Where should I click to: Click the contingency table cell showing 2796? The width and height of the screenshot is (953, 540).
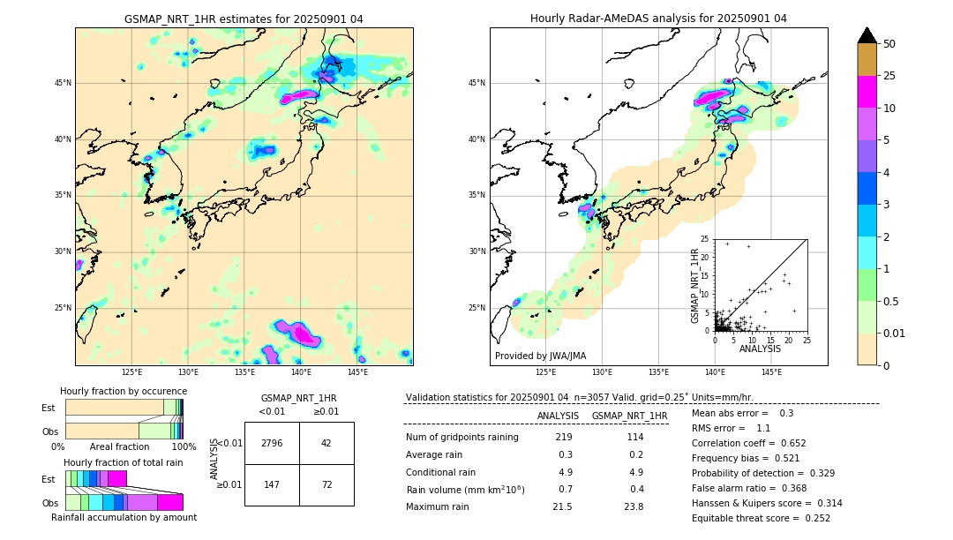click(272, 443)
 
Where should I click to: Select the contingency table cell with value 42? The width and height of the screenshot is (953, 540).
click(326, 443)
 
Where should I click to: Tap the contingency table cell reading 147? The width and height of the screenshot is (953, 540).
click(272, 484)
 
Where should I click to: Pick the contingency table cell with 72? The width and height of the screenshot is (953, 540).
click(326, 484)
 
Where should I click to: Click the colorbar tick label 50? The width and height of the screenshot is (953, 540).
click(889, 44)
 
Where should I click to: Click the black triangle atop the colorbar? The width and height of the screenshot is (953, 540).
click(867, 35)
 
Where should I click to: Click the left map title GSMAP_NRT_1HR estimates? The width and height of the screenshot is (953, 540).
click(244, 19)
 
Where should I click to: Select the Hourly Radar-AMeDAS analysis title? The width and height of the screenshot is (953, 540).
click(658, 19)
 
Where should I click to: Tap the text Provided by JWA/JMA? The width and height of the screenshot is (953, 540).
click(540, 356)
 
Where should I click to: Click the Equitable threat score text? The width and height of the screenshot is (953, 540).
click(761, 518)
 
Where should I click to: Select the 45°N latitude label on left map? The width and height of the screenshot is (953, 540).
click(64, 83)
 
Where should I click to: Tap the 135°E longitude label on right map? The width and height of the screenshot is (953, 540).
click(658, 373)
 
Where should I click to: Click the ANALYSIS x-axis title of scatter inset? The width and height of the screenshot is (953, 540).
click(760, 349)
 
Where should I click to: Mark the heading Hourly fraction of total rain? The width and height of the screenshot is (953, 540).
click(124, 462)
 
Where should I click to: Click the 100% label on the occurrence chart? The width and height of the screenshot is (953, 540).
click(184, 447)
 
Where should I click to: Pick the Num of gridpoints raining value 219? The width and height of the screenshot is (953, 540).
click(564, 437)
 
